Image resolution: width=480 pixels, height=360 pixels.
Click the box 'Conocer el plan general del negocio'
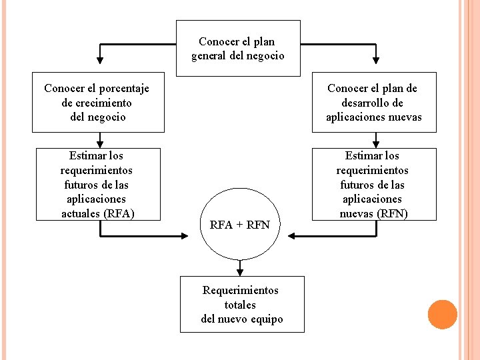pyautogui.click(x=238, y=48)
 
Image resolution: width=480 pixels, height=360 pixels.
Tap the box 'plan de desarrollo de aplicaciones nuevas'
pyautogui.click(x=373, y=102)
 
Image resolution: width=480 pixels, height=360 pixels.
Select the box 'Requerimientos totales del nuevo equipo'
pyautogui.click(x=241, y=304)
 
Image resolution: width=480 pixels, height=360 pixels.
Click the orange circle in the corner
pyautogui.click(x=442, y=315)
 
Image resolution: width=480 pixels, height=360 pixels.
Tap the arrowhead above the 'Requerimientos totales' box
pyautogui.click(x=240, y=271)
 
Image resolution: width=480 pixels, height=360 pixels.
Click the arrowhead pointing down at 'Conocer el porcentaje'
pyautogui.click(x=100, y=66)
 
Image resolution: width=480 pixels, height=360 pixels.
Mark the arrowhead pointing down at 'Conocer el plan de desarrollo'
pyautogui.click(x=376, y=66)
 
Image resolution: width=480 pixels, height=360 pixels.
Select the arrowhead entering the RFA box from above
pyautogui.click(x=100, y=143)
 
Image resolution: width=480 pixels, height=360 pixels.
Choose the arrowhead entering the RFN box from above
pyautogui.click(x=376, y=143)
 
